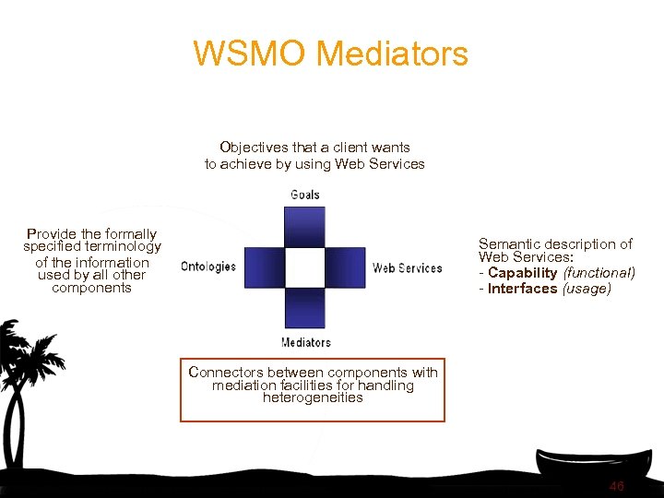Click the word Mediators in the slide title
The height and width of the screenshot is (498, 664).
click(x=392, y=53)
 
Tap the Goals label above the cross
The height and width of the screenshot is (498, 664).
click(x=305, y=195)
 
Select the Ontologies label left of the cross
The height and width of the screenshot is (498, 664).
click(x=208, y=267)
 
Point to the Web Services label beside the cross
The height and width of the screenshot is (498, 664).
click(x=407, y=267)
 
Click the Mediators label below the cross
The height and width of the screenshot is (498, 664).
click(x=305, y=342)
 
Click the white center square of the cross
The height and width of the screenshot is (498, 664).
click(x=305, y=267)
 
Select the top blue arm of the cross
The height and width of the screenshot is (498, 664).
click(x=305, y=227)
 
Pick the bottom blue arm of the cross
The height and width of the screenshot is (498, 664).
click(x=305, y=308)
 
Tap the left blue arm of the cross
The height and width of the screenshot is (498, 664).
click(x=264, y=267)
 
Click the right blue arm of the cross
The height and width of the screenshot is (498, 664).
click(x=346, y=267)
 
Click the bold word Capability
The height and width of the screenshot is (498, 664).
click(x=523, y=273)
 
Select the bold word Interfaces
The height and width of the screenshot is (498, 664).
click(x=523, y=289)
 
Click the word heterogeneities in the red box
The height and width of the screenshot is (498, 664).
click(x=313, y=398)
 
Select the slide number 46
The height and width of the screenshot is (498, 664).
click(x=616, y=486)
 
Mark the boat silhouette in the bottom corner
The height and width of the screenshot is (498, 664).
click(x=599, y=466)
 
